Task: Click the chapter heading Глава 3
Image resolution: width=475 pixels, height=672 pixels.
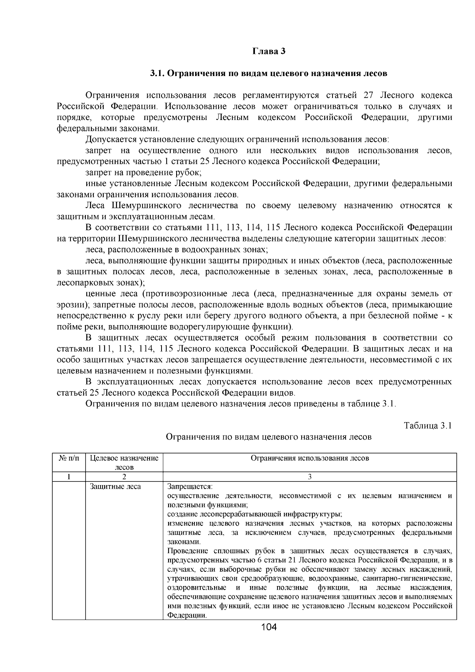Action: pyautogui.click(x=269, y=51)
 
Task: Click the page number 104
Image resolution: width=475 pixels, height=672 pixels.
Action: pyautogui.click(x=269, y=627)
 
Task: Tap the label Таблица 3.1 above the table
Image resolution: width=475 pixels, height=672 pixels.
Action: pyautogui.click(x=427, y=426)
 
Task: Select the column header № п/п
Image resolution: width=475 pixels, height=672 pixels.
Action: pyautogui.click(x=69, y=458)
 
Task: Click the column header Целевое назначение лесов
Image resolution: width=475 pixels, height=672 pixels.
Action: pyautogui.click(x=124, y=462)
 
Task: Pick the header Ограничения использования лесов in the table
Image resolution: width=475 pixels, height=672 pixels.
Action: pyautogui.click(x=310, y=458)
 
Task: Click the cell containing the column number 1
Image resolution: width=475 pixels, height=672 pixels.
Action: pyautogui.click(x=69, y=477)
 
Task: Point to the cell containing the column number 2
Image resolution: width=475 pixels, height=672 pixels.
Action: pyautogui.click(x=124, y=477)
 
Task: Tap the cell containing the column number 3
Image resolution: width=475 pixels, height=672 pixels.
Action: pyautogui.click(x=310, y=477)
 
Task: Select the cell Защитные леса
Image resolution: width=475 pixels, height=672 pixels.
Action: pyautogui.click(x=115, y=487)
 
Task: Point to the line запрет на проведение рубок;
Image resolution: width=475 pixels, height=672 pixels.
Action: pyautogui.click(x=144, y=173)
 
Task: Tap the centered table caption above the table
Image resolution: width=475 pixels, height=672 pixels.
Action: pyautogui.click(x=268, y=437)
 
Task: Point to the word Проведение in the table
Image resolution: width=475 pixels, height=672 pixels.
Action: pyautogui.click(x=188, y=551)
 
